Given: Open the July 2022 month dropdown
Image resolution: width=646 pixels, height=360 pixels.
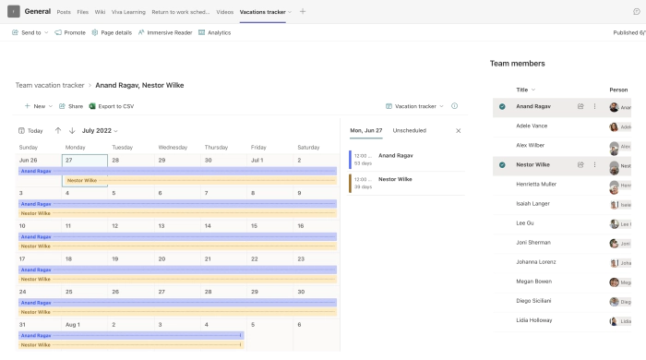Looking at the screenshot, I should tap(100, 130).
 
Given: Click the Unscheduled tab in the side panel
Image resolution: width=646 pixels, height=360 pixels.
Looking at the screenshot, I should tap(409, 130).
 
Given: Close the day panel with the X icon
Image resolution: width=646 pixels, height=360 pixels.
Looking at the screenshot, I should tap(458, 130).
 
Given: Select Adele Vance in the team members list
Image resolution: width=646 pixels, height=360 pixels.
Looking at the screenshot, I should tap(532, 126).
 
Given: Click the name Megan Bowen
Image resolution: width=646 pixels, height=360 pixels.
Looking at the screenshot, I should tap(533, 282).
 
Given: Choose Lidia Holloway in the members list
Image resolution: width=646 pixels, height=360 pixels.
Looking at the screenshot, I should tap(534, 320).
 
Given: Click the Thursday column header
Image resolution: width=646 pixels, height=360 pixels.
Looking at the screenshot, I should tap(216, 147).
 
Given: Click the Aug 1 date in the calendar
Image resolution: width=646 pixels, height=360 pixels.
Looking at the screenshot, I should tap(72, 324).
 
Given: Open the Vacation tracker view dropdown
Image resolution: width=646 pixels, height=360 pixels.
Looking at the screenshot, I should tap(414, 106).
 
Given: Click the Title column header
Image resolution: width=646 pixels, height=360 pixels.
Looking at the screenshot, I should tap(523, 90).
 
